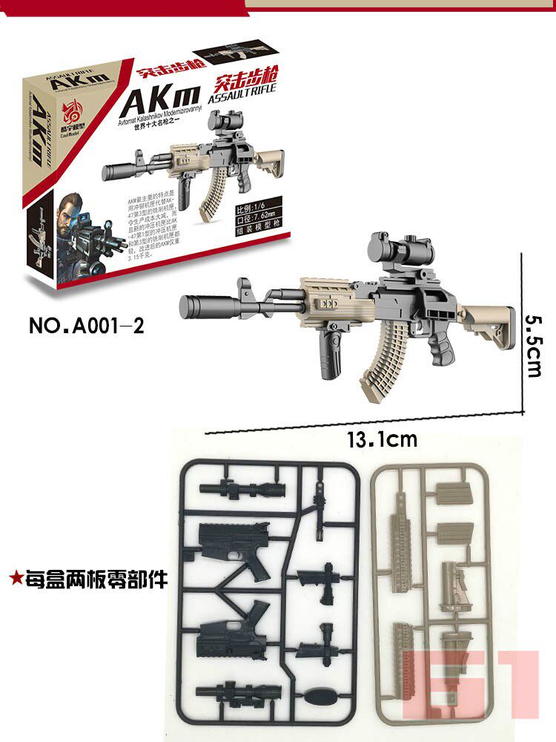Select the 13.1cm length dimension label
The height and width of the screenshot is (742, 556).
point(381,439)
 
